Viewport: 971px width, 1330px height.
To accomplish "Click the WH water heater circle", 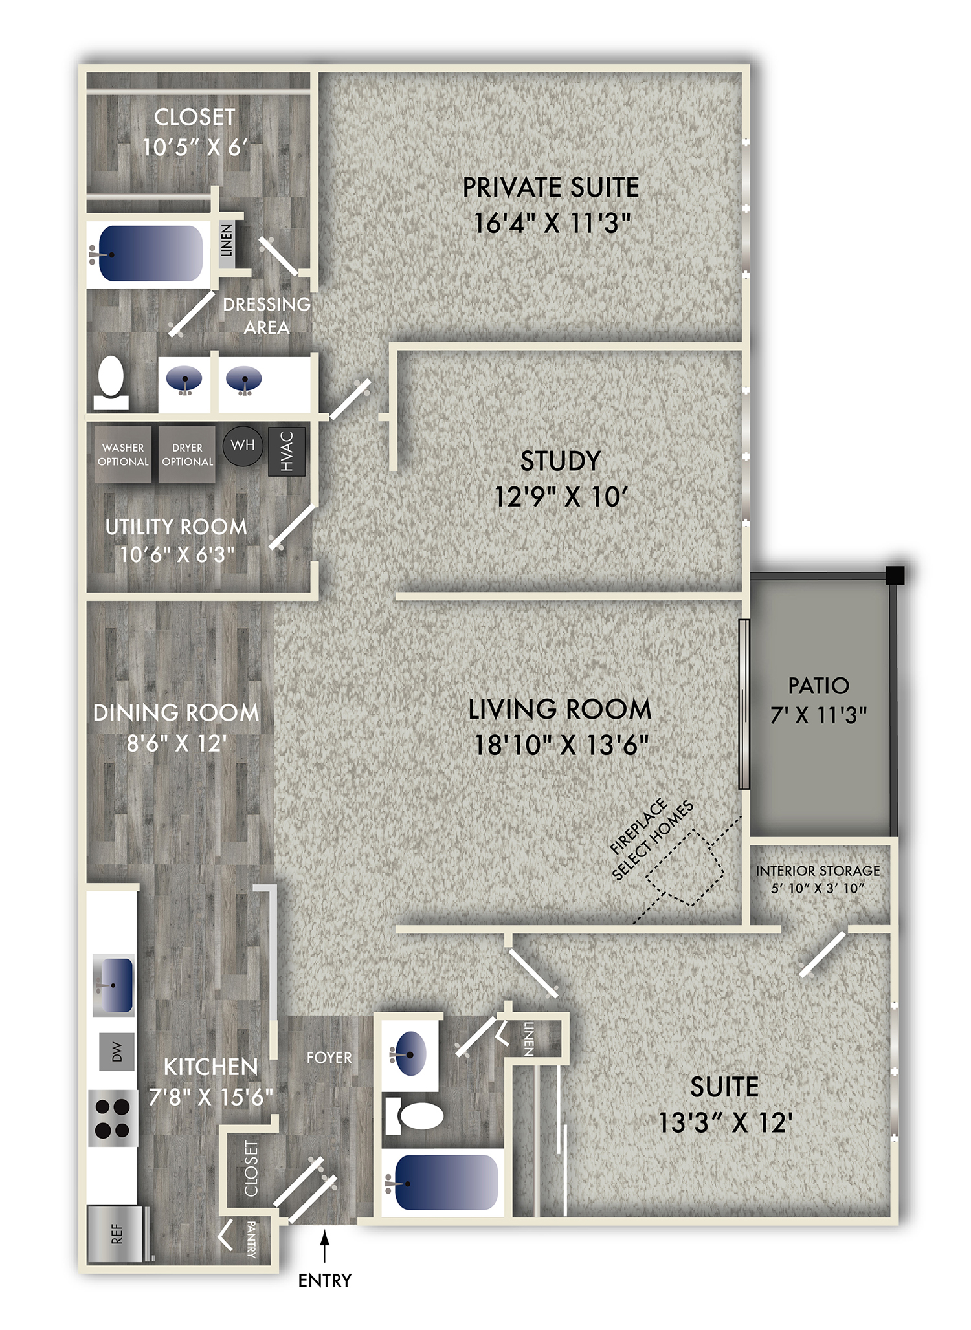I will (243, 445).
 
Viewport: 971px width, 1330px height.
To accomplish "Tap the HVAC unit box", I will (287, 452).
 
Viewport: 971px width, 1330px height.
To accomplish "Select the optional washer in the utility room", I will (123, 454).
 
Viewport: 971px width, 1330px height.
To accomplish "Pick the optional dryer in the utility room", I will (187, 454).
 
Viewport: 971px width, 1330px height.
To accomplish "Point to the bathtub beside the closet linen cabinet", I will (150, 254).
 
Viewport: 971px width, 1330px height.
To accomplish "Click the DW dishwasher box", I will (117, 1051).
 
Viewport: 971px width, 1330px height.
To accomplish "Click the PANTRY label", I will (252, 1239).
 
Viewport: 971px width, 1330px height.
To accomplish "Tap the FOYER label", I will (329, 1058).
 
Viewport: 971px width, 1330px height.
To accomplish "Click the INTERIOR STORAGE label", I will (818, 871).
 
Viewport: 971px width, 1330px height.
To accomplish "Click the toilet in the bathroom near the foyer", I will (414, 1115).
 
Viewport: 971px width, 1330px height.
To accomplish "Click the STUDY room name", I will (560, 461).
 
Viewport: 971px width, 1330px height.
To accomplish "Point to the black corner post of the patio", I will (895, 574).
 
